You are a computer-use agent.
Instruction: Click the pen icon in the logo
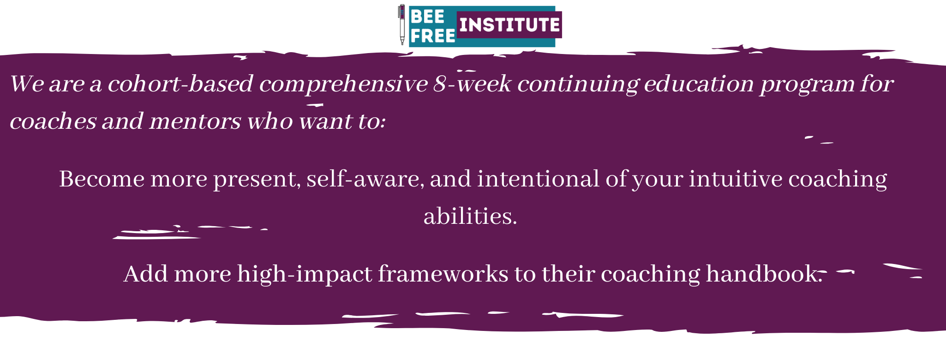[402, 25]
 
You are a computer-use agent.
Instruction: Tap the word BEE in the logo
[427, 17]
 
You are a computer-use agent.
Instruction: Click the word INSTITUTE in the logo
[509, 24]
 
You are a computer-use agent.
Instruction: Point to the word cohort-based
[180, 84]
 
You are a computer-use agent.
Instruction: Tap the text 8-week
[472, 84]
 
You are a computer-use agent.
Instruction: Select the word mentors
[195, 121]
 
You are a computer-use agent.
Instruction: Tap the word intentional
[538, 179]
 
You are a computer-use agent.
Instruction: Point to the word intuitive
[736, 179]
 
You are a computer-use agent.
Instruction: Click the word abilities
[470, 216]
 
